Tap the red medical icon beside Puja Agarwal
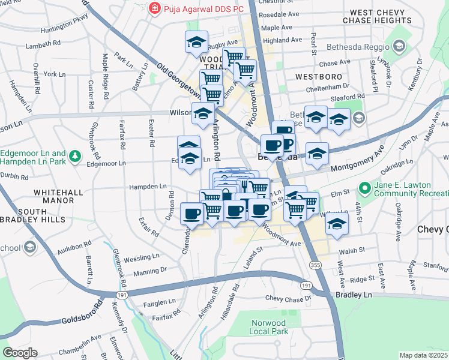pos(154,8)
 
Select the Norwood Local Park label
pos(269,327)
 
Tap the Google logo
pos(20,353)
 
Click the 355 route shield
pos(315,265)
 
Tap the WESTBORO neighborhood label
pos(319,77)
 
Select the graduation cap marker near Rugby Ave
pos(196,43)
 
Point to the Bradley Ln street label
pos(354,296)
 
